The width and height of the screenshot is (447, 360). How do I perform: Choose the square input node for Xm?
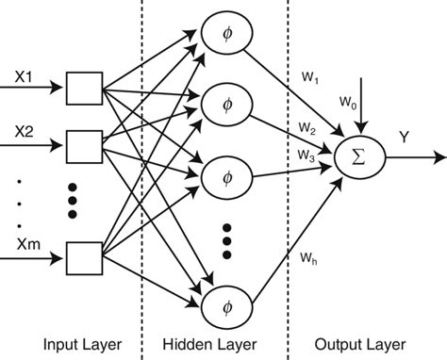click(83, 257)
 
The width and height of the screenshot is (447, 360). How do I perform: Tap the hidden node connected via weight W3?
click(223, 176)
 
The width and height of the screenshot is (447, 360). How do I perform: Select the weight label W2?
click(307, 126)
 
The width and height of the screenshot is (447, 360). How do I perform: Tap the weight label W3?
click(307, 152)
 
